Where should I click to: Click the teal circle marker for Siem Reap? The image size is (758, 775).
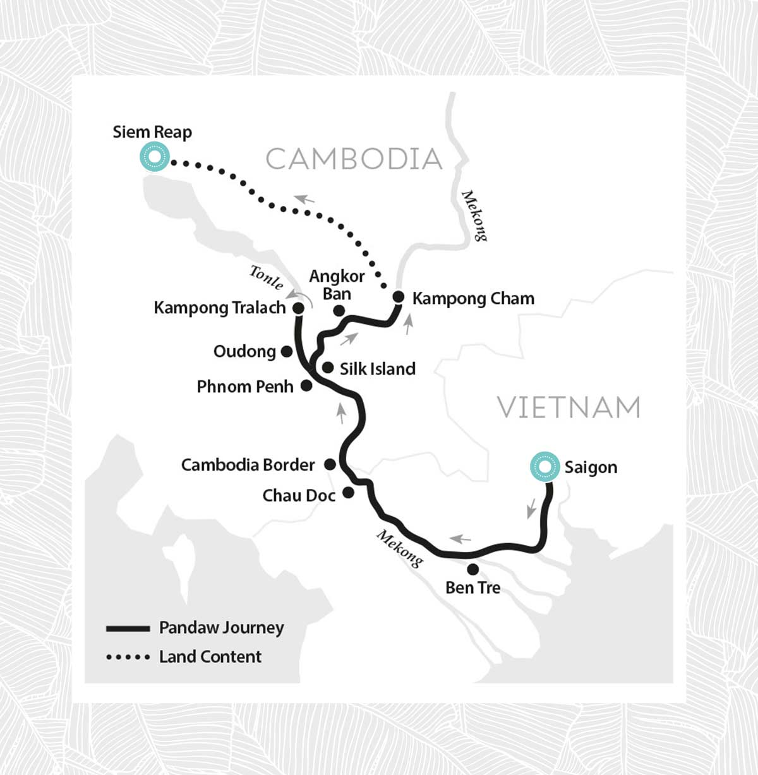click(155, 156)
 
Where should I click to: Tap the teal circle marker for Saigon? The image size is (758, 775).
click(544, 467)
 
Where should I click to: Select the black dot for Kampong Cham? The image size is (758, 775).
click(399, 297)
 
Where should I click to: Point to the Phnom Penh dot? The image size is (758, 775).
click(306, 385)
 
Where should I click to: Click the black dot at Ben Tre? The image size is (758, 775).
click(472, 569)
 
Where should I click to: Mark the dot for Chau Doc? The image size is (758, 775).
click(348, 493)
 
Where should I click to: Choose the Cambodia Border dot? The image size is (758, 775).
click(330, 464)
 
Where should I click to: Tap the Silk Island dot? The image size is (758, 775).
click(328, 368)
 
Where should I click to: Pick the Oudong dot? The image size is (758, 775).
click(286, 351)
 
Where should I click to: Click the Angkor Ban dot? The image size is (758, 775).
click(339, 310)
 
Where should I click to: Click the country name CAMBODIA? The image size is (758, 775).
click(354, 159)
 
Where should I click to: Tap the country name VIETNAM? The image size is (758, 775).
click(568, 407)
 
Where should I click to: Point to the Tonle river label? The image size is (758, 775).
click(266, 277)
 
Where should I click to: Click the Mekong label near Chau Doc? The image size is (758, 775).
click(400, 548)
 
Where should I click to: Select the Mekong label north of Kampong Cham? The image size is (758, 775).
click(474, 215)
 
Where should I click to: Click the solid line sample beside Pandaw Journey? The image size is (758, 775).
click(128, 628)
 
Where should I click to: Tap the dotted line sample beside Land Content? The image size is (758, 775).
click(128, 658)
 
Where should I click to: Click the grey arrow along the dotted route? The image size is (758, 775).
click(304, 199)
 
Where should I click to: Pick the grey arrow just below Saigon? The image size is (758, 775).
click(532, 508)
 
